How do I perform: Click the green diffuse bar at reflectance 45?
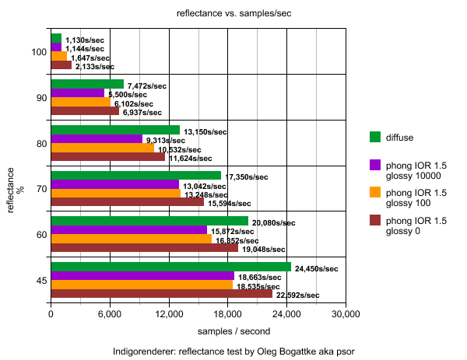coord(170,267)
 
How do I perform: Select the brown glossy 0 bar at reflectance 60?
coord(144,248)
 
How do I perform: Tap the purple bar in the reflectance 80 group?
coord(97,138)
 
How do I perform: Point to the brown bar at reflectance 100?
coord(61,65)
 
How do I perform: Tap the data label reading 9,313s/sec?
coord(168,140)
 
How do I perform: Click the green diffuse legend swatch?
coord(375,138)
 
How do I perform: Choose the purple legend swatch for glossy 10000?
coord(375,165)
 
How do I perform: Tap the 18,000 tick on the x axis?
coord(227,315)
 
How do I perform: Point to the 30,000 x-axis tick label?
coord(345,315)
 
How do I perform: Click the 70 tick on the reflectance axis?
coord(40,188)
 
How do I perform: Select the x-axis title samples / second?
coord(198,332)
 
